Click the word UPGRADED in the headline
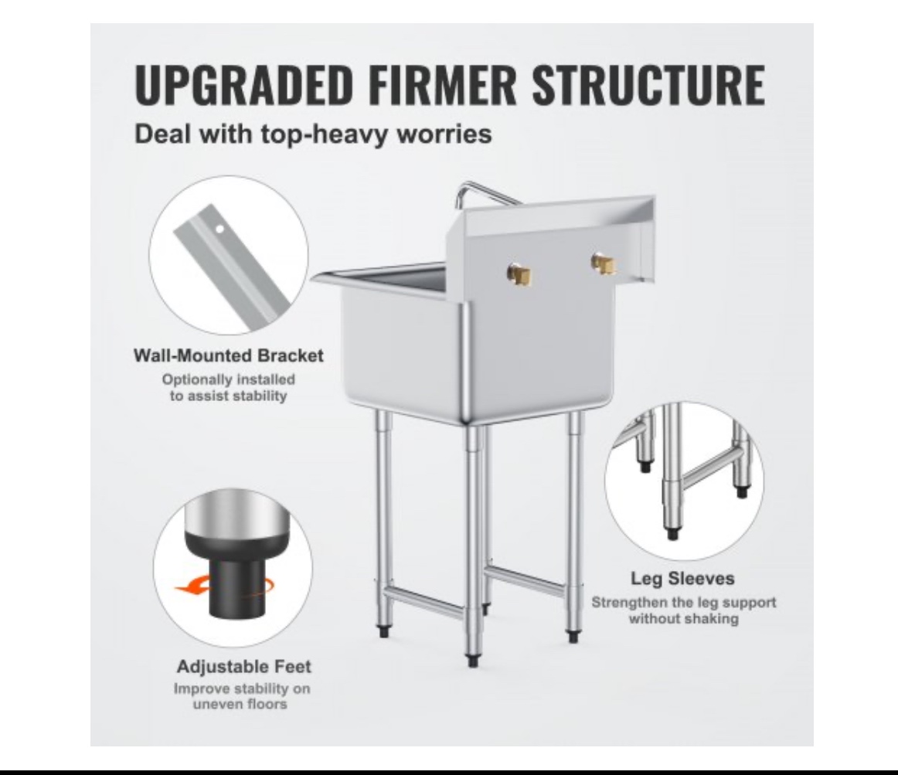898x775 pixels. coord(243,85)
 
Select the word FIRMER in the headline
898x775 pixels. coord(442,85)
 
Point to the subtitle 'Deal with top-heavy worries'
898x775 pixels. coord(313,134)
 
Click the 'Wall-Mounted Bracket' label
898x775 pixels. coord(229,355)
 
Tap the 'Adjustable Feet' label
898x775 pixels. coord(243,667)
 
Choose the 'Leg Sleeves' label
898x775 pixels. coord(682,579)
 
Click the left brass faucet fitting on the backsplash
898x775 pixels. coord(520,275)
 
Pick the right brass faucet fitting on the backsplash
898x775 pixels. coord(604,263)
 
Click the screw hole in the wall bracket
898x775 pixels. coord(220,229)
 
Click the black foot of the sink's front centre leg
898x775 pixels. coord(472,661)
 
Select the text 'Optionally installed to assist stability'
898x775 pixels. coord(229,388)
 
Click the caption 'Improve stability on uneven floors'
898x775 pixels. coord(242,696)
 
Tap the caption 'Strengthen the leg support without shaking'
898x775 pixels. coord(684,610)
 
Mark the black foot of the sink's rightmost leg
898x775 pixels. coord(573,637)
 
